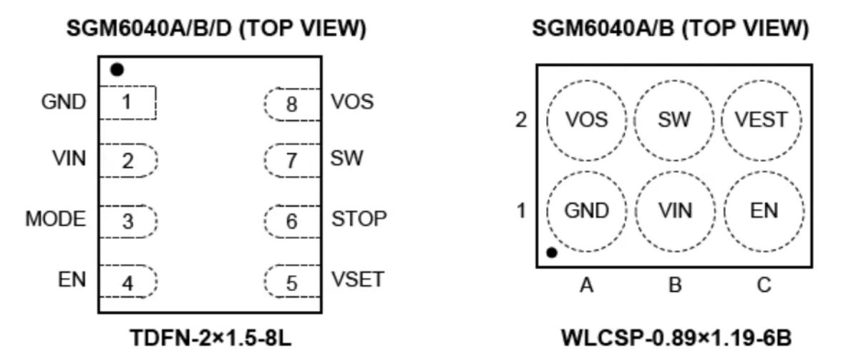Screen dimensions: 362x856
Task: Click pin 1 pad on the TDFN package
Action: coord(127,103)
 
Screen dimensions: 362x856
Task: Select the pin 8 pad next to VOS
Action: coord(291,103)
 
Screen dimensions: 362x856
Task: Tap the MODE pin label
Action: coord(55,219)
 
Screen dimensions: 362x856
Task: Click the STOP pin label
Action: coord(359,218)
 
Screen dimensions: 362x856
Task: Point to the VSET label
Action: coord(358,280)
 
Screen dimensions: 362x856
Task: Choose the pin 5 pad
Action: coord(291,282)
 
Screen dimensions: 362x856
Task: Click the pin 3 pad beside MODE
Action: coord(127,222)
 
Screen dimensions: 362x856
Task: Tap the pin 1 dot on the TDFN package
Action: coord(117,70)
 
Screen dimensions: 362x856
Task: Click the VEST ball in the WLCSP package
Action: coord(764,120)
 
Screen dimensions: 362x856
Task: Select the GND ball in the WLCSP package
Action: coord(586,211)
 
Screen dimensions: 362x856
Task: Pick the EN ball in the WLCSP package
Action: coord(764,211)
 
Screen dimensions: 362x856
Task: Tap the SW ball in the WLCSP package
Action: coord(675,120)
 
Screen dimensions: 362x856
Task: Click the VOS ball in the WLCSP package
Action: coord(586,120)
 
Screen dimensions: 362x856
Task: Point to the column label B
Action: coord(675,285)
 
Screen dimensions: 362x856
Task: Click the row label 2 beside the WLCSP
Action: coord(521,120)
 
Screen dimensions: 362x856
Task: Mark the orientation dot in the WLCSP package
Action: coord(552,252)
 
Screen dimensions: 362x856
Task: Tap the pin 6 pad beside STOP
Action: coord(291,222)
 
